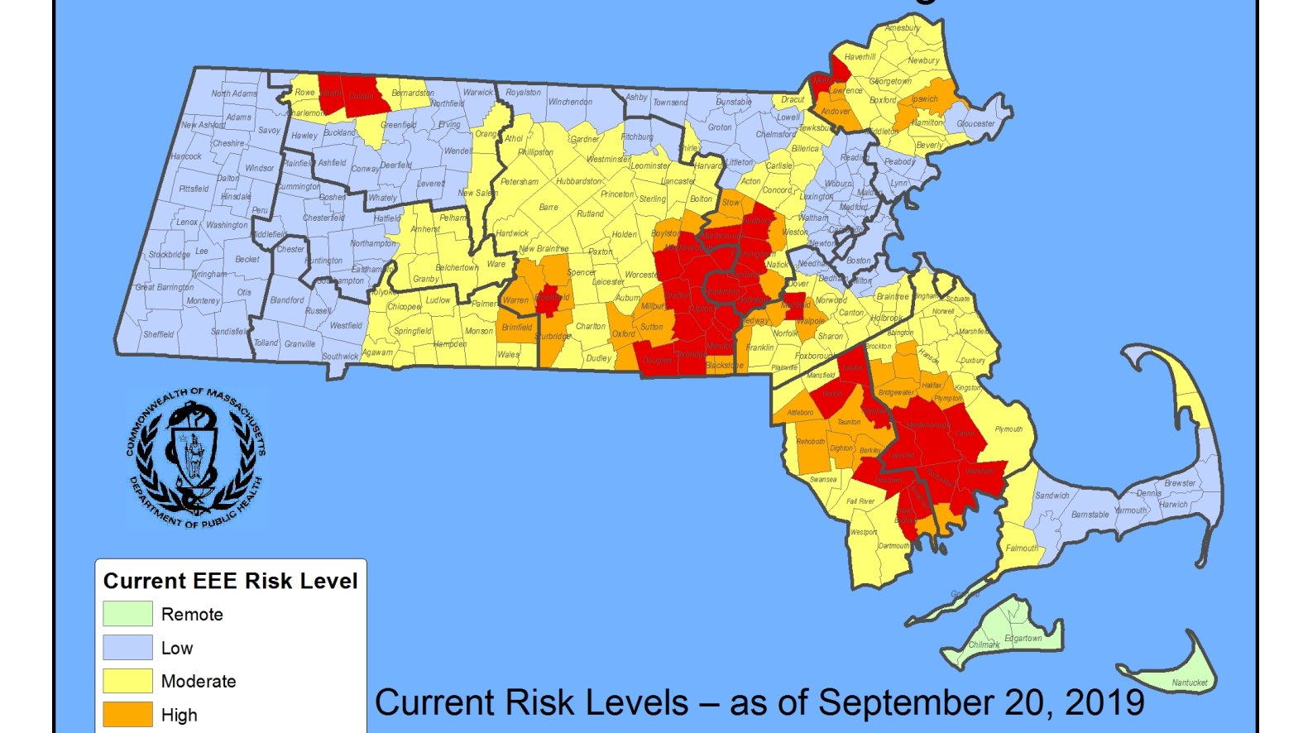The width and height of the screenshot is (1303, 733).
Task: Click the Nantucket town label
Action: [1189, 683]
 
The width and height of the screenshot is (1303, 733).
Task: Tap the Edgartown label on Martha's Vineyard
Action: [1023, 639]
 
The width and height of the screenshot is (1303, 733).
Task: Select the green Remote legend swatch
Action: [127, 614]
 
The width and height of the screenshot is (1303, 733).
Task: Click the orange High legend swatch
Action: [127, 714]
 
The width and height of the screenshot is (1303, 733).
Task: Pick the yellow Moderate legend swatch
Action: [127, 681]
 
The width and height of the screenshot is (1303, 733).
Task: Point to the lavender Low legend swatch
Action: [127, 647]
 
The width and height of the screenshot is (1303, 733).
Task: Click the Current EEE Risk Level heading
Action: [230, 581]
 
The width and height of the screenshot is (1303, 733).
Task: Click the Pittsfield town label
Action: [194, 189]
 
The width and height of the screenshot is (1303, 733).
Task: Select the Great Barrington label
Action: [164, 287]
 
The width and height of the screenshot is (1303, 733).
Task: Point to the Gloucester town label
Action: [975, 124]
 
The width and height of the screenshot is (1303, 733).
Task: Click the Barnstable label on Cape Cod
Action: [1090, 515]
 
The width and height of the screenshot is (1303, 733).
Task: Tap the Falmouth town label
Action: [1022, 549]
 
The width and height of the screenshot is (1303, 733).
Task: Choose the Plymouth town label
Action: [1008, 429]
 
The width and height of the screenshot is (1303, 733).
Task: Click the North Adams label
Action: [233, 93]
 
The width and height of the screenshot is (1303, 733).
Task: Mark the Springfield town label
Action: [412, 331]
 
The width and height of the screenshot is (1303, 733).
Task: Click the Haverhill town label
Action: [860, 57]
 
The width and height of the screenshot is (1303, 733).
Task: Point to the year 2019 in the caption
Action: [1104, 703]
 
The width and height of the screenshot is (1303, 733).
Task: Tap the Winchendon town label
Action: [570, 102]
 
